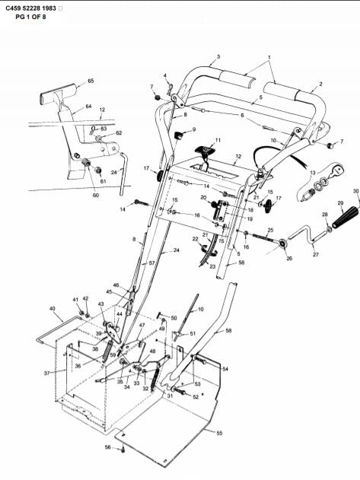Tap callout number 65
[x=91, y=81]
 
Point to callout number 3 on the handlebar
[x=218, y=57]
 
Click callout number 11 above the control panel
[x=218, y=141]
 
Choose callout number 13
[x=312, y=173]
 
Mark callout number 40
[x=53, y=309]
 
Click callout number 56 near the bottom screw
[x=108, y=447]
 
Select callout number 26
[x=288, y=258]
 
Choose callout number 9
[x=193, y=130]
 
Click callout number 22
[x=195, y=240]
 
